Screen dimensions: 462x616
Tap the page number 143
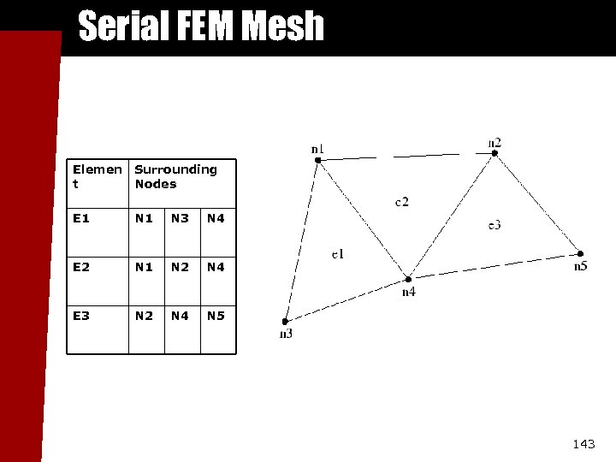click(583, 443)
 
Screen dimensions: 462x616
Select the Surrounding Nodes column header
click(176, 176)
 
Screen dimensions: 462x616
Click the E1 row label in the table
click(82, 218)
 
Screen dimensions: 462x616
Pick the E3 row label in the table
click(82, 316)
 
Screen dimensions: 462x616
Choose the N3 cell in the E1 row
click(180, 218)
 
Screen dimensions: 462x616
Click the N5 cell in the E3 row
click(216, 316)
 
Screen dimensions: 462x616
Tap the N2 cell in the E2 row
click(180, 267)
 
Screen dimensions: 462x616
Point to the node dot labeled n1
click(317, 160)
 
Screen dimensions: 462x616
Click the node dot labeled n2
click(495, 153)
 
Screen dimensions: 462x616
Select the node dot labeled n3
click(287, 320)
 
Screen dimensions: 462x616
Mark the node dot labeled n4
click(408, 279)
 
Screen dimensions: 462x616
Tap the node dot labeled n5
click(580, 253)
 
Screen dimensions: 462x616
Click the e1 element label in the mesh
click(338, 253)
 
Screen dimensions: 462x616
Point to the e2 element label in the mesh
click(401, 202)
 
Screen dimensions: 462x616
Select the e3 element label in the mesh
click(495, 224)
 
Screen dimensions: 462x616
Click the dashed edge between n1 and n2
click(406, 157)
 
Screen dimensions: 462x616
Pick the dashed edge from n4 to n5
click(495, 266)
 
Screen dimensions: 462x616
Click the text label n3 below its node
click(286, 334)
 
